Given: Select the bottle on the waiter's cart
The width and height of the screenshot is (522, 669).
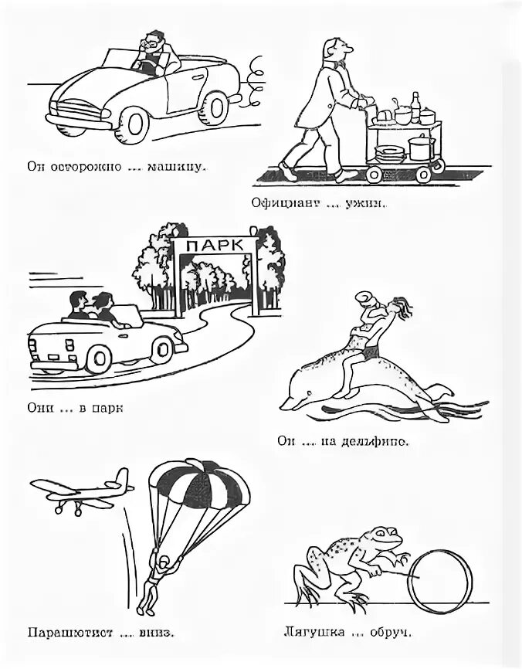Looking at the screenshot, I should pos(416,104).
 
